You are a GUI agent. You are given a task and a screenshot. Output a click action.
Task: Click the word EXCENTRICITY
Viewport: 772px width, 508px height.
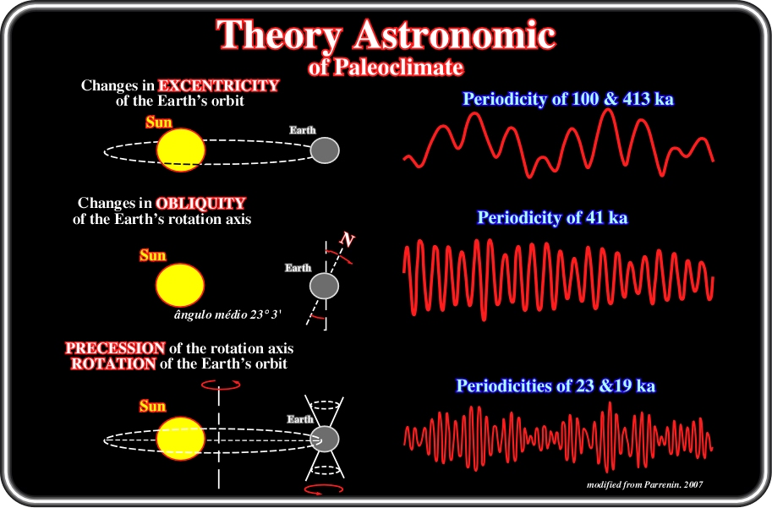point(219,85)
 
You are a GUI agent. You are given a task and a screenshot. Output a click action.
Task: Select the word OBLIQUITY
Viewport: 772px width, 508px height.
point(201,204)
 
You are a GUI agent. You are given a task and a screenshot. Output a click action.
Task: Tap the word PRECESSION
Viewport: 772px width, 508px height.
point(115,348)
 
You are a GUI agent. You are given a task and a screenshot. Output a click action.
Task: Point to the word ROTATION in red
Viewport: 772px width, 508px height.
point(113,363)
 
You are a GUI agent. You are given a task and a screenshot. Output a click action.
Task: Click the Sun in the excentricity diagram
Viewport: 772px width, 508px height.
point(181,150)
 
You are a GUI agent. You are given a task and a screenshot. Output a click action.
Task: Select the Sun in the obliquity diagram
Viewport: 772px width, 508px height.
point(180,285)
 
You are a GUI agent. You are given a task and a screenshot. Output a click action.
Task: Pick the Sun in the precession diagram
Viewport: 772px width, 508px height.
point(181,439)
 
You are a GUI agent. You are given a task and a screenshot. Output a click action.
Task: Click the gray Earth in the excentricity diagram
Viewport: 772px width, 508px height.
point(325,150)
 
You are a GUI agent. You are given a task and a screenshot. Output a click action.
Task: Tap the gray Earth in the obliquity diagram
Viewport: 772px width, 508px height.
point(325,286)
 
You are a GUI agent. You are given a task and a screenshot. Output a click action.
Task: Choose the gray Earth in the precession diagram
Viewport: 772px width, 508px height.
point(325,439)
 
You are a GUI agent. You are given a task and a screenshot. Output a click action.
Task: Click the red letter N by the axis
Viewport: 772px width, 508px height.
point(348,240)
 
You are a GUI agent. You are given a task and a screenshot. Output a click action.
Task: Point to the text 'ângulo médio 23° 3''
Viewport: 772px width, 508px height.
point(227,315)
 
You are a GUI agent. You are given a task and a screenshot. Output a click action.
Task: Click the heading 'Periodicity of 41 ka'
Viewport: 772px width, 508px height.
point(552,217)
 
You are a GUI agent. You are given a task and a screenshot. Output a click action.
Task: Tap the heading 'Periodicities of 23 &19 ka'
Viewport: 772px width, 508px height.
point(556,385)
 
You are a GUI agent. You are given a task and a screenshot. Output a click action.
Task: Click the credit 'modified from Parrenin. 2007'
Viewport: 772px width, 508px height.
point(645,485)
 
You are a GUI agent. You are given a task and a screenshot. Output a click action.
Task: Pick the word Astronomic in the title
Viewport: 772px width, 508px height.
point(455,35)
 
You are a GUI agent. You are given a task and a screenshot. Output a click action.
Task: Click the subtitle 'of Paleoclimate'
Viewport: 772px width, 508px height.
point(386,67)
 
